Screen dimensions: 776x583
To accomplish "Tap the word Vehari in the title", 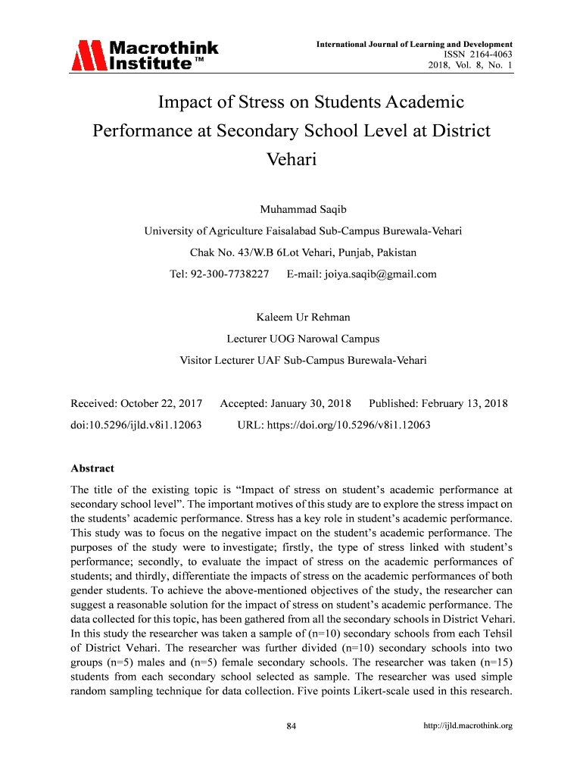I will click(291, 160).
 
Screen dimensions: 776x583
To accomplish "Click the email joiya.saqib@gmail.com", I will click(362, 274).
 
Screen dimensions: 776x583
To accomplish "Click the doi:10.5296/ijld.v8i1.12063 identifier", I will click(136, 425).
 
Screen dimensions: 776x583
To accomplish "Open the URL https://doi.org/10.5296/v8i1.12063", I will click(334, 425).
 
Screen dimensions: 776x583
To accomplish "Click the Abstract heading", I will click(92, 468).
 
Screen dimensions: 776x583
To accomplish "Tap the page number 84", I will click(291, 727).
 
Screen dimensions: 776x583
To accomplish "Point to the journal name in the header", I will click(414, 45).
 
